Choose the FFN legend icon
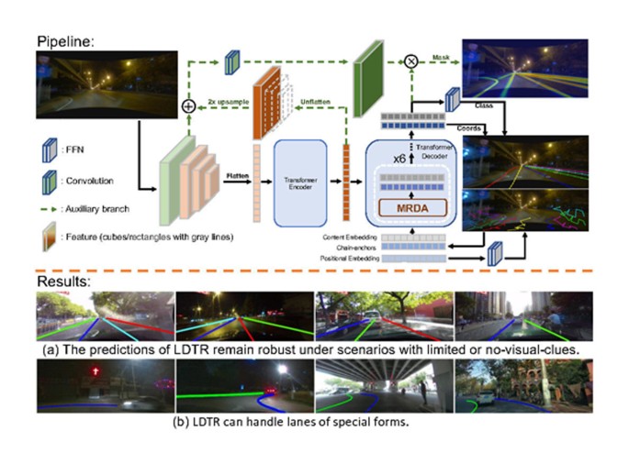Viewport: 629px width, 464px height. (44, 144)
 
